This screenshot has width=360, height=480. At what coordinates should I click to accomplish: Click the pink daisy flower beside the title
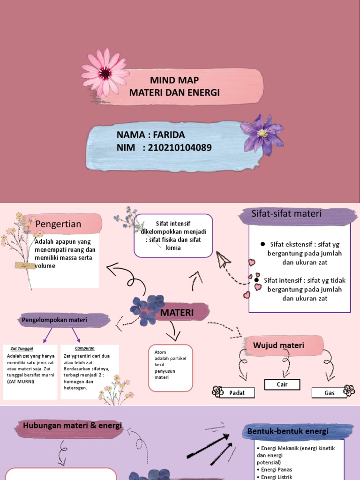click(x=105, y=73)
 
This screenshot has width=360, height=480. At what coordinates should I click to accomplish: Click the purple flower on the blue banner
click(x=262, y=134)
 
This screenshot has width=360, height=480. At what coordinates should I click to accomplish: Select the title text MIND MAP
click(x=174, y=80)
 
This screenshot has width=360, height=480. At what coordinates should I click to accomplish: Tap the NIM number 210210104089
click(x=180, y=148)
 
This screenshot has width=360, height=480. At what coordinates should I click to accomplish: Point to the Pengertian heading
click(x=58, y=224)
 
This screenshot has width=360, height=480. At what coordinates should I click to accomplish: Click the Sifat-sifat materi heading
click(x=286, y=214)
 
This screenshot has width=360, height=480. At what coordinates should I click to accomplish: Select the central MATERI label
click(x=177, y=312)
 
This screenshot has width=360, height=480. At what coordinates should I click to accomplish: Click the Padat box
click(x=237, y=393)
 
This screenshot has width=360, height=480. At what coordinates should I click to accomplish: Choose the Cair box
click(x=282, y=384)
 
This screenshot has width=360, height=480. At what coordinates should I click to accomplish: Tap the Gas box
click(x=330, y=393)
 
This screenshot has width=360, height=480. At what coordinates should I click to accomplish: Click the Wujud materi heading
click(x=278, y=345)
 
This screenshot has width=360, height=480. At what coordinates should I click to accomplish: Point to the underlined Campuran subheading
click(x=85, y=348)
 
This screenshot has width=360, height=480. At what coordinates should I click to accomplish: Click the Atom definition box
click(x=170, y=368)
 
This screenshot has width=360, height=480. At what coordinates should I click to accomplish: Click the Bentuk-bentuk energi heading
click(x=288, y=431)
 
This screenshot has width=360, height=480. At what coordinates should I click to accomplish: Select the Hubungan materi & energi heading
click(x=72, y=425)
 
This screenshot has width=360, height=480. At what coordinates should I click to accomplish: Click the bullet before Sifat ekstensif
click(x=262, y=244)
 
